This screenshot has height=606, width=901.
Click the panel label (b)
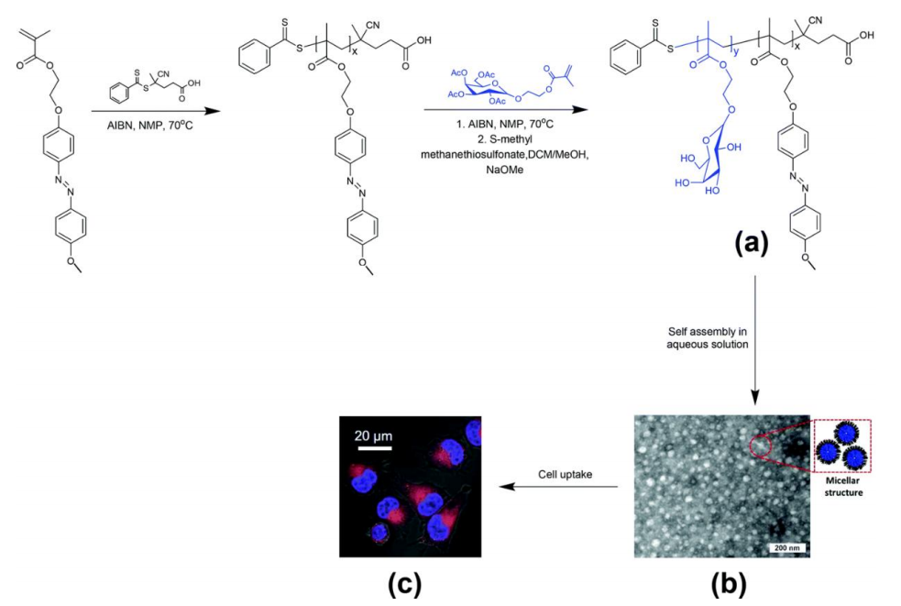[728, 584]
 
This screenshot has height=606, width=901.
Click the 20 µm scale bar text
[373, 435]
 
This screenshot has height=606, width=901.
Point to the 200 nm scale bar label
[786, 547]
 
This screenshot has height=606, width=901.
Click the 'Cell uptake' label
[565, 474]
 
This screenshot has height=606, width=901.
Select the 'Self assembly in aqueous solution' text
[708, 338]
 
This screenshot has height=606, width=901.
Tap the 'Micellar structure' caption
[843, 488]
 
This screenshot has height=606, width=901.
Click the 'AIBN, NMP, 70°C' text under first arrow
[150, 125]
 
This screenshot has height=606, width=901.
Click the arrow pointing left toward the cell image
[558, 487]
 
